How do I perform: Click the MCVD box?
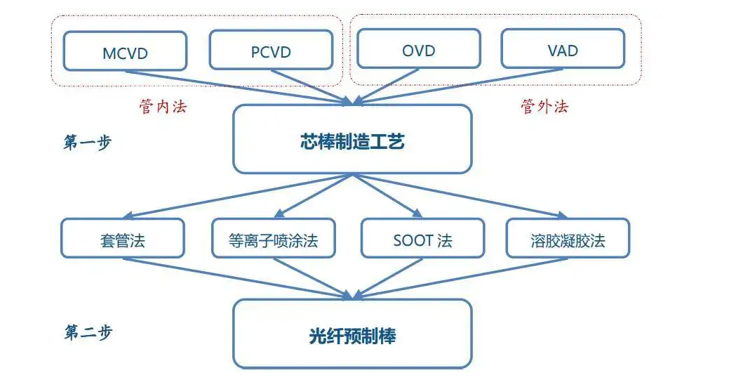click(125, 51)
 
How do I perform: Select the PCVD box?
click(271, 51)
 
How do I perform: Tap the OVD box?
click(418, 49)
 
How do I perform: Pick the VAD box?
click(562, 49)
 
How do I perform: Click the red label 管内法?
click(164, 107)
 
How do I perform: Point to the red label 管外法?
click(544, 106)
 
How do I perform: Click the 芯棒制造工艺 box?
click(352, 140)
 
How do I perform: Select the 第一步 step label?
click(87, 142)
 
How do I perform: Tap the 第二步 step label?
click(87, 333)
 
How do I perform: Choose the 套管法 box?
click(122, 239)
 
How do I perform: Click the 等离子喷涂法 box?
click(273, 239)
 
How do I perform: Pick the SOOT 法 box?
click(422, 239)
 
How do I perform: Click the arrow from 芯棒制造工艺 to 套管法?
click(239, 195)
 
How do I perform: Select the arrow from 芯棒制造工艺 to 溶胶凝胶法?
click(463, 195)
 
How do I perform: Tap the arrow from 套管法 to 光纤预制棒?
click(232, 276)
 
